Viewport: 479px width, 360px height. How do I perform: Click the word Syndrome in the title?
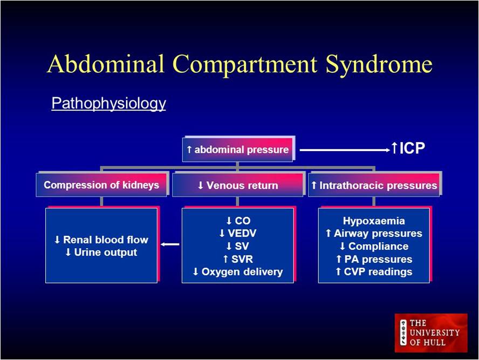pos(379,64)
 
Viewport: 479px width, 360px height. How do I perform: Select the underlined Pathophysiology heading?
pos(108,103)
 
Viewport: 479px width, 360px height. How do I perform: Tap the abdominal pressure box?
pos(238,150)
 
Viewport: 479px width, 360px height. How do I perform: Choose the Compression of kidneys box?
pos(101,185)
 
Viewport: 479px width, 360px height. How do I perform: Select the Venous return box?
pos(238,186)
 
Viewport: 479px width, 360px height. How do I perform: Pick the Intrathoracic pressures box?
pos(374,186)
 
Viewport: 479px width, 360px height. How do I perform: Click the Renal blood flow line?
pos(101,240)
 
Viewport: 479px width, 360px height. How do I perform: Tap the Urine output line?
pos(101,253)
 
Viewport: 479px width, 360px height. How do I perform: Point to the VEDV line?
pos(237,234)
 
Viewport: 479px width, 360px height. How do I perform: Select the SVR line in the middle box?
pos(237,260)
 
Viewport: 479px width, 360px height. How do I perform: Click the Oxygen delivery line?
pos(237,272)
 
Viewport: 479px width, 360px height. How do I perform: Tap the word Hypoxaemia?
pos(374,221)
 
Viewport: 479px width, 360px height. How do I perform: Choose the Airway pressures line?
pos(374,234)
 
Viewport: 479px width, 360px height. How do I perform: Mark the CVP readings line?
pos(374,272)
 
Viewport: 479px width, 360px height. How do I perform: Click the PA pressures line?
pos(374,260)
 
